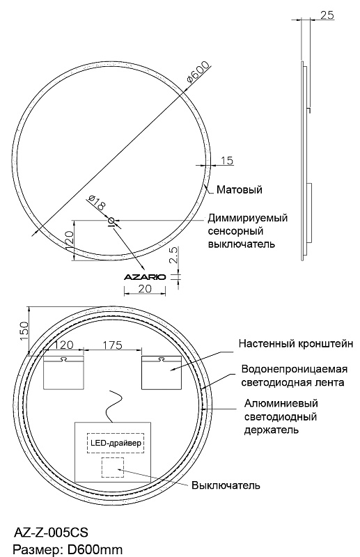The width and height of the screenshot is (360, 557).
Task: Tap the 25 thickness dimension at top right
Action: coord(327,15)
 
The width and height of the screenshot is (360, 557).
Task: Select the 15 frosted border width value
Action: coord(227,161)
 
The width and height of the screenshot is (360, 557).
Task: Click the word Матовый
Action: coord(239,189)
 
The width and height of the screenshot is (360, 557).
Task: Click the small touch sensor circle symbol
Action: coord(111,220)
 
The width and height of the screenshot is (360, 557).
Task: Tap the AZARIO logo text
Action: coord(145,277)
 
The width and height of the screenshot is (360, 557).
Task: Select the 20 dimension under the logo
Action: coord(145,288)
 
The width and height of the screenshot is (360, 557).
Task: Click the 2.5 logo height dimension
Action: coord(173,255)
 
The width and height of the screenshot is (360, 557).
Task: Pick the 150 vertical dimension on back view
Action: coord(24,331)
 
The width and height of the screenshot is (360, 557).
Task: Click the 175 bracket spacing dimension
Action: coord(112,345)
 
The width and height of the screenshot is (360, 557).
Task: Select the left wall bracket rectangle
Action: coord(63,372)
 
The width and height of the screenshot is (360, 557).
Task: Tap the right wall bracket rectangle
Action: coord(162,372)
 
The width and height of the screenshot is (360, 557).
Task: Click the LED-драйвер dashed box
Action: coord(116,443)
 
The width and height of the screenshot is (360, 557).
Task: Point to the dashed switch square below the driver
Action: coord(113,467)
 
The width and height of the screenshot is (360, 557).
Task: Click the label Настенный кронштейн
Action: coord(296,343)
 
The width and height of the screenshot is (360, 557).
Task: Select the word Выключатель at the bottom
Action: coord(226,485)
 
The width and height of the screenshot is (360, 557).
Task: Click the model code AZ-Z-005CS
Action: coord(51,533)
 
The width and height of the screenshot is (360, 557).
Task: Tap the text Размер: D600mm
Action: coord(68,549)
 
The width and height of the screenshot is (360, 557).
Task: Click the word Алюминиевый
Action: coord(281,404)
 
